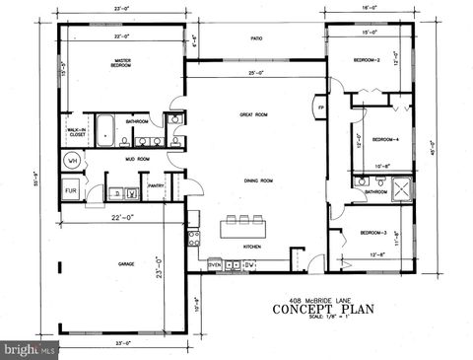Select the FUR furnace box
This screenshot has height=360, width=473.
[x=72, y=190]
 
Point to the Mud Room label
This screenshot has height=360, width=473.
[x=136, y=158]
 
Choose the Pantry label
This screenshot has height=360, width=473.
[x=156, y=184]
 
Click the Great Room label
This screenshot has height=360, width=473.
[x=253, y=114]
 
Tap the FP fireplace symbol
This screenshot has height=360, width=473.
[x=320, y=107]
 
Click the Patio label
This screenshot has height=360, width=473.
[x=255, y=39]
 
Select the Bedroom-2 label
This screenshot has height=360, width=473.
[x=367, y=60]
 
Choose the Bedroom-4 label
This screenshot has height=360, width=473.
[x=384, y=139]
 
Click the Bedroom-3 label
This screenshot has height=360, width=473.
[x=372, y=232]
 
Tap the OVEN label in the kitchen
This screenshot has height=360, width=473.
[x=214, y=264]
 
